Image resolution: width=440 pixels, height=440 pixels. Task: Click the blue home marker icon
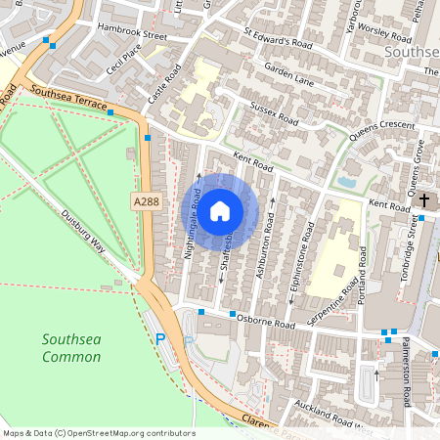pos(220,210)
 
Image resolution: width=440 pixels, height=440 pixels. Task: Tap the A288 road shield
pos(144,200)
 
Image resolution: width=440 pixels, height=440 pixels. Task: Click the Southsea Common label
pos(71,348)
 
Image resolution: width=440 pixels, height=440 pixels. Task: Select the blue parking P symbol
pos(161,339)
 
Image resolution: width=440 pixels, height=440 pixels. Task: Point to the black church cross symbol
pos(423,201)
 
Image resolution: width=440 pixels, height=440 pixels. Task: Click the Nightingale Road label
pos(193,223)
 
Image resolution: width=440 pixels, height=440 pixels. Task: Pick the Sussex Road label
pos(274,112)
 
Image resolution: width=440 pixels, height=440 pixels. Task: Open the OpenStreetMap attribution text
pos(99,432)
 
